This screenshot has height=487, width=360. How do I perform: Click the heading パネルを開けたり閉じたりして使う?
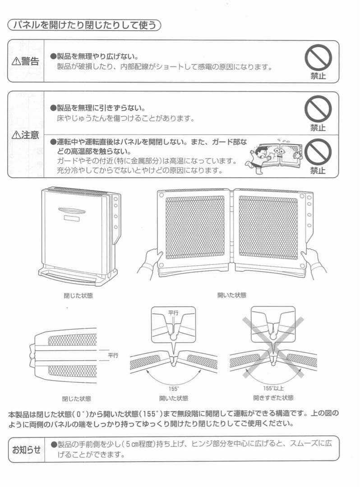[84, 25]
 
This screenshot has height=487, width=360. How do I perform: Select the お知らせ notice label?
[26, 449]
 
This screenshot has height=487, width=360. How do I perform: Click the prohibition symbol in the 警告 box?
[318, 58]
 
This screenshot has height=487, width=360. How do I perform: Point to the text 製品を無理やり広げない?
[97, 57]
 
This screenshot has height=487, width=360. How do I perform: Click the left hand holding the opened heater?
[151, 262]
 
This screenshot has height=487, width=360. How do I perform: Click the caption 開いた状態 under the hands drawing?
[232, 295]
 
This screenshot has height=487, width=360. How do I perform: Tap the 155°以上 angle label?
[273, 388]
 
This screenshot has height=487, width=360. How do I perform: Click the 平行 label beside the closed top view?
[113, 355]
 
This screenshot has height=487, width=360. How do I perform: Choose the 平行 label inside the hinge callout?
[174, 312]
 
